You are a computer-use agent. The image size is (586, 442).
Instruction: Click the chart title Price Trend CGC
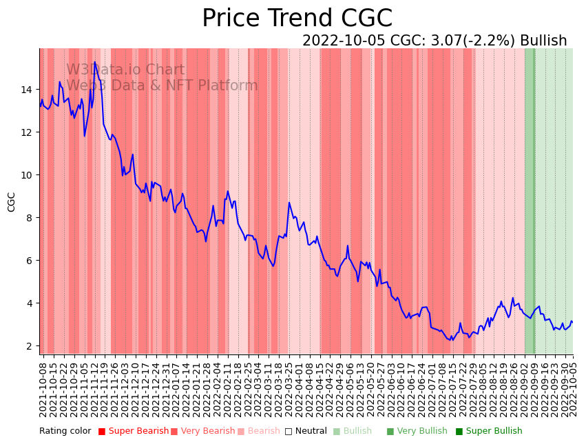(x=297, y=19)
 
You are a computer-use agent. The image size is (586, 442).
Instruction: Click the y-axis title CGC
(x=12, y=202)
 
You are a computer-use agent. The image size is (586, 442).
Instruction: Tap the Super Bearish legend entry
(x=134, y=432)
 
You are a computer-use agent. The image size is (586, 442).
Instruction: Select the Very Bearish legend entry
(x=203, y=432)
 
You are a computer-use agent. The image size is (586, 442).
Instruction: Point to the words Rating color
(x=65, y=432)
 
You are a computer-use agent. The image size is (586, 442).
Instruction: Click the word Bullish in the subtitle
(x=543, y=41)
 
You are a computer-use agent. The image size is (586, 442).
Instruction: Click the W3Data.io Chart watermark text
(x=125, y=70)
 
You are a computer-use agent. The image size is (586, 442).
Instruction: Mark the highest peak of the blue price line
(x=95, y=62)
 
